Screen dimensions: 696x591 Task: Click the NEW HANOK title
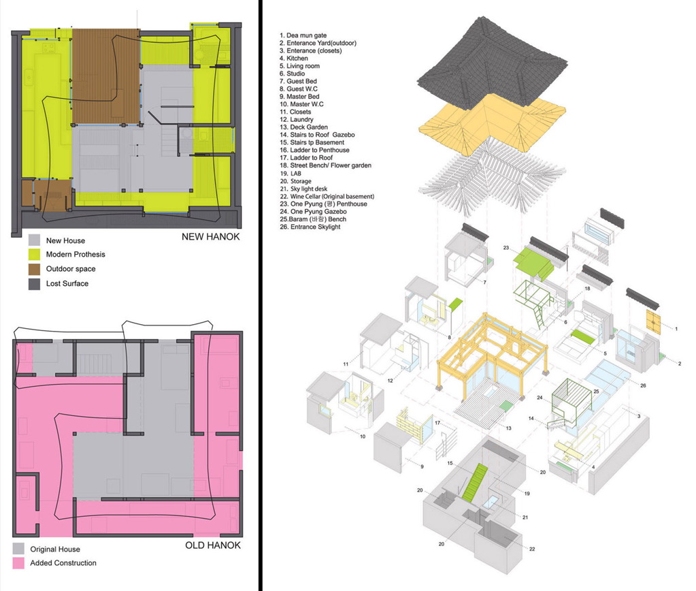coord(210,236)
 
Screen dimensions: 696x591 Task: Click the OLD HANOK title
coord(213,545)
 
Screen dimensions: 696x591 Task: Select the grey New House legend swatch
coord(34,240)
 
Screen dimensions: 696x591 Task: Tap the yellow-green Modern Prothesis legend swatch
coord(34,254)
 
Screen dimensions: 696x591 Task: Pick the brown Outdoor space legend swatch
coord(34,269)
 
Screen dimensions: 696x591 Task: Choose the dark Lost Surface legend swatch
coord(34,283)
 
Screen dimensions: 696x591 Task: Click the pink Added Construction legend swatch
coord(18,563)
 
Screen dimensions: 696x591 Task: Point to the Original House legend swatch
coord(18,549)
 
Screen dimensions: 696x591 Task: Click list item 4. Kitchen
coord(293,58)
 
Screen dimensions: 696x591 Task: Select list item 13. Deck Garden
coord(303,127)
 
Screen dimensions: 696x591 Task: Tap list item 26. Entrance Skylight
coord(310,227)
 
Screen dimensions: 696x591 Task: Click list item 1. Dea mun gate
coord(303,35)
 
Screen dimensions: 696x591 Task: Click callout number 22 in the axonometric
coord(532,549)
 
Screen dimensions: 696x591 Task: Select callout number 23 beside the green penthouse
coord(506,248)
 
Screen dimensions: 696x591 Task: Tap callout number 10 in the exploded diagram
coord(363,436)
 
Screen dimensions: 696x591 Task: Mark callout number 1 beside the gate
coord(676,329)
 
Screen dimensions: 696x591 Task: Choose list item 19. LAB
coord(291,174)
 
